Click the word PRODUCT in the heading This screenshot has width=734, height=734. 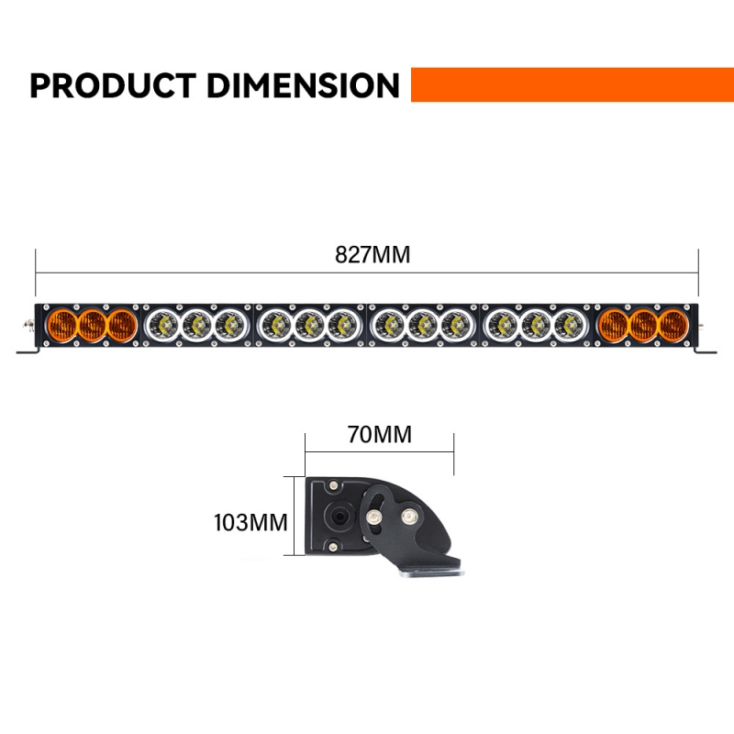pos(113,85)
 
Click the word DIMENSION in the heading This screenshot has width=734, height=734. pos(304,85)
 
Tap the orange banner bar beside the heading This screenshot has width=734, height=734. pos(572,84)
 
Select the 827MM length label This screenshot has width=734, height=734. pos(373,255)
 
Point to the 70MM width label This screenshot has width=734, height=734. pos(380,434)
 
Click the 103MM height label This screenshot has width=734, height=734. pos(250,523)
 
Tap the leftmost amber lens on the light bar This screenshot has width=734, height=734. pos(62,324)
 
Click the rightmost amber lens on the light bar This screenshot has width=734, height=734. pos(673,324)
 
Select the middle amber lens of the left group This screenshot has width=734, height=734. pos(93,324)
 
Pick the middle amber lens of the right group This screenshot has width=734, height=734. pos(644,324)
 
